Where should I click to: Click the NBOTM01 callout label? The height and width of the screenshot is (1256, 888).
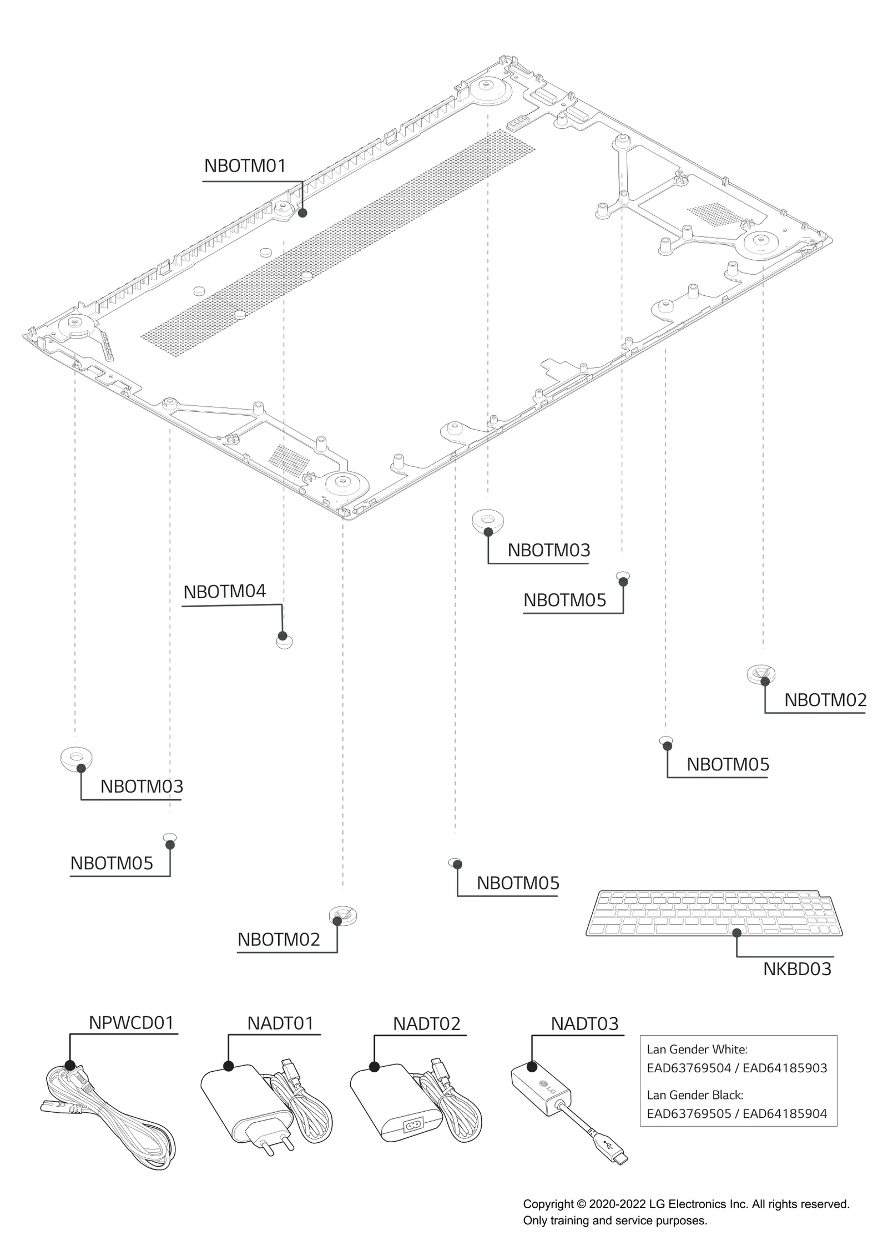[245, 165]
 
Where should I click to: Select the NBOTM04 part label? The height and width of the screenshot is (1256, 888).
[225, 591]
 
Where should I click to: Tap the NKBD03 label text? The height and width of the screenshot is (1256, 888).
[797, 969]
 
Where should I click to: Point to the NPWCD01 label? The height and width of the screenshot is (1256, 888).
[132, 1022]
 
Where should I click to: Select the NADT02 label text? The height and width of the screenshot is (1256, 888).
[427, 1023]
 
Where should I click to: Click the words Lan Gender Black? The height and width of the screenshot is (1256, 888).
[694, 1094]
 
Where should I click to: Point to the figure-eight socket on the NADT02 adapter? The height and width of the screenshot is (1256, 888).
[413, 1126]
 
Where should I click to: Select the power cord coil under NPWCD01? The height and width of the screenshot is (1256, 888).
[111, 1116]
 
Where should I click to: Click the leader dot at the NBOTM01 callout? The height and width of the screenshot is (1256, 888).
[302, 213]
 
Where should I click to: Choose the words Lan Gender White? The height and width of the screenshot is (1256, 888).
[697, 1049]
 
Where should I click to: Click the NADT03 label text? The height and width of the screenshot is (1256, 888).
[584, 1023]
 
